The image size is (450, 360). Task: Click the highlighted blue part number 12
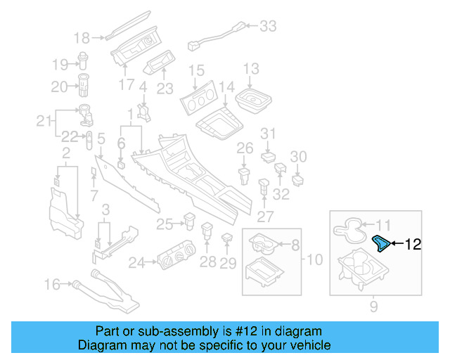(380, 243)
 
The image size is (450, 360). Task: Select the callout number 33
(268, 27)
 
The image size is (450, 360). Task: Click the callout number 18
(82, 38)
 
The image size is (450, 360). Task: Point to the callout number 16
(52, 284)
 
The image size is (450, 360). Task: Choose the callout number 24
(136, 263)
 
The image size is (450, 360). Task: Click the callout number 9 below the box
(373, 306)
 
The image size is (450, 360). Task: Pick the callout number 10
(314, 259)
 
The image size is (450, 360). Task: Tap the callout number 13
(251, 69)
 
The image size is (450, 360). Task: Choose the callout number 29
(228, 263)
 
